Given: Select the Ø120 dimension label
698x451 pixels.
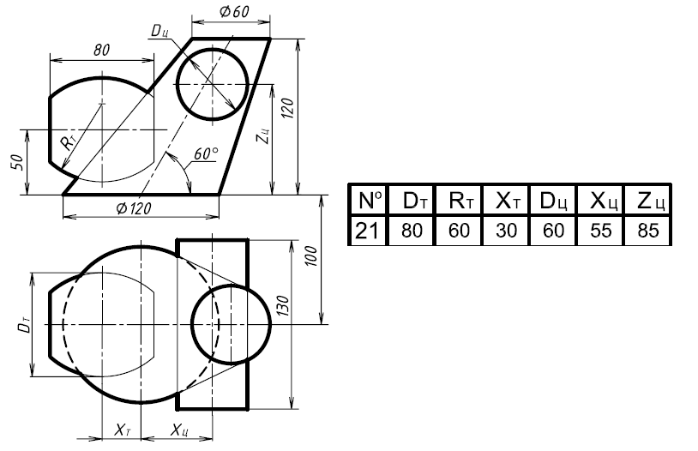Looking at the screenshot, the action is (x=134, y=207).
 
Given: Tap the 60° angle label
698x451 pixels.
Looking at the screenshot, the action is (x=206, y=153).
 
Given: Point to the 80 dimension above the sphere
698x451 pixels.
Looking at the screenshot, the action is (x=101, y=50).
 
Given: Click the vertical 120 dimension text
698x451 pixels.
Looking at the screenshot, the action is (x=287, y=108).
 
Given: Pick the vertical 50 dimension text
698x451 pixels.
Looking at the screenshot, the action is (x=16, y=162).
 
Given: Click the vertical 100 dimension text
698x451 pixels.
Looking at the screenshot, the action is (x=311, y=256).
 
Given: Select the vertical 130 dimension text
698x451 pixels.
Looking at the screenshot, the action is (x=283, y=306).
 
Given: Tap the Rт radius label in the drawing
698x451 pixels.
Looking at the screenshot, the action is (x=68, y=143).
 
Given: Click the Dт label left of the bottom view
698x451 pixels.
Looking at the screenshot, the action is (x=25, y=325).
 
